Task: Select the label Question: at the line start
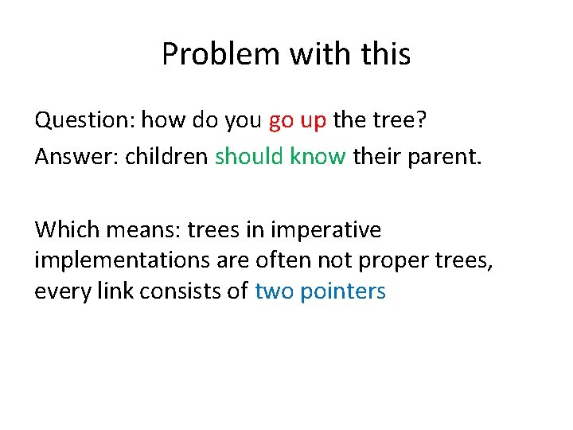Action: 84,121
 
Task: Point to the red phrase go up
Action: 298,122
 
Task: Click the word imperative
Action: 326,231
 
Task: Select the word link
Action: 112,291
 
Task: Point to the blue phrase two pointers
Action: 320,291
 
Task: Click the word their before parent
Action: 379,156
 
